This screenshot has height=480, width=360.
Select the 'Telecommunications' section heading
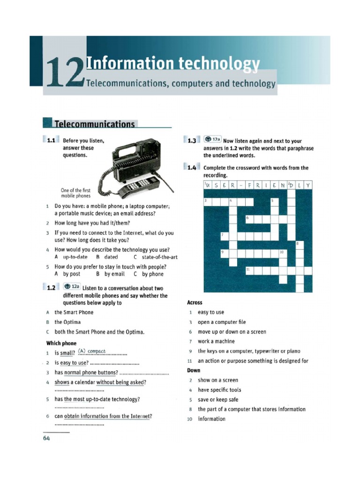click(95, 124)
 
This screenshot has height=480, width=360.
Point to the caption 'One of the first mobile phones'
click(75, 193)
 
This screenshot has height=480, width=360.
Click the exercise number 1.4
click(191, 167)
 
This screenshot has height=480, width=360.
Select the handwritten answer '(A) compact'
click(92, 351)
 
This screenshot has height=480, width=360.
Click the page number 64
click(46, 438)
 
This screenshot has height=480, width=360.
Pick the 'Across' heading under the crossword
click(195, 302)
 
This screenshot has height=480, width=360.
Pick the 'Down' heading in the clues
click(194, 370)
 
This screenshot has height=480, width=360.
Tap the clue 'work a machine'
click(216, 341)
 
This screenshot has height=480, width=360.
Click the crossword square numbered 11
click(249, 270)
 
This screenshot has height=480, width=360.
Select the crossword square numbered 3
click(208, 202)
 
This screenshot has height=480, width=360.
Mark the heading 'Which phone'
click(61, 343)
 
